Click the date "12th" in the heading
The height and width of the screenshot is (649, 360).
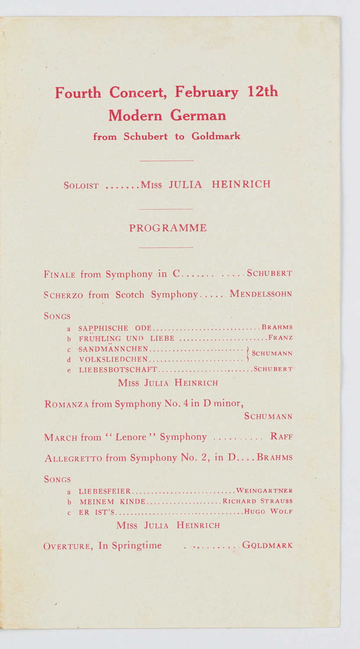263,92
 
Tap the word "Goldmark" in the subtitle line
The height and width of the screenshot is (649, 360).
216,136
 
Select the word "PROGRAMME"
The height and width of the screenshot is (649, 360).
168,228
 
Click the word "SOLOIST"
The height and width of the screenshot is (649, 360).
81,186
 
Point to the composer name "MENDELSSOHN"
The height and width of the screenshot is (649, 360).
261,294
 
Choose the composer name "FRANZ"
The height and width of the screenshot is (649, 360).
280,337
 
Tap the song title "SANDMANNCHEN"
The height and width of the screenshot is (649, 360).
113,349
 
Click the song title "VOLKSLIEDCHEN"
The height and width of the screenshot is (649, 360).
113,359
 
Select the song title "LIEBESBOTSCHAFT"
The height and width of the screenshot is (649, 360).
118,369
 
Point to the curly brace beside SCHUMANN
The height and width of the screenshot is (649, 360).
247,353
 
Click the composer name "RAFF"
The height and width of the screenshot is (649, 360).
281,437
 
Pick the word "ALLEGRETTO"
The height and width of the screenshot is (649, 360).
73,458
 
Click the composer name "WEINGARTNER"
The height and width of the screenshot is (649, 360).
264,491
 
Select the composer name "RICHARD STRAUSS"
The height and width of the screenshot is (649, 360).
257,501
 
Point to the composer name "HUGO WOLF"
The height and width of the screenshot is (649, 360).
268,511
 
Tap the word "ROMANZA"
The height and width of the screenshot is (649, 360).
67,405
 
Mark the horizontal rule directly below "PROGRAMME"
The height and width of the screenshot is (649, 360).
166,247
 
